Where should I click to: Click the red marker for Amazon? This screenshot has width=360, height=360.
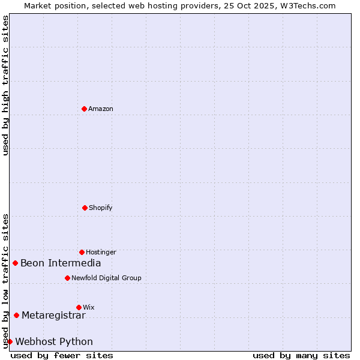coord(84,109)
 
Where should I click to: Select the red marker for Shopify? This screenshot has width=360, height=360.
coord(85,208)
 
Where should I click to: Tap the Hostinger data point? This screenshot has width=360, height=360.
coord(82,252)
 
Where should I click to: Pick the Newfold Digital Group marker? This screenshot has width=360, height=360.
coord(67,278)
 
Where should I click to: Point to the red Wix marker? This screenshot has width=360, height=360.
coord(79,307)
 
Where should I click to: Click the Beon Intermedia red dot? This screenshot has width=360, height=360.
coord(15,263)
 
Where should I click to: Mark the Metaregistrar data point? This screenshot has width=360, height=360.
coord(16,315)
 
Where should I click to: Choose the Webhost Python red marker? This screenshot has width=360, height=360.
coord(10,341)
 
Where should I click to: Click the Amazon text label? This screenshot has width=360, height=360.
coord(101,109)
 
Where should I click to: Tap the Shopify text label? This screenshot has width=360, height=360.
coord(101,208)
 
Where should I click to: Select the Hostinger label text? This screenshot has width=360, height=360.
coord(101,252)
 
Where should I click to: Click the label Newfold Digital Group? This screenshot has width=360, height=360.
coord(106,278)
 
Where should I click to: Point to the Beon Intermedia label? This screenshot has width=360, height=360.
coord(61,263)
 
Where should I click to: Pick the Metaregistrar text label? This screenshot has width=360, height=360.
coord(53,315)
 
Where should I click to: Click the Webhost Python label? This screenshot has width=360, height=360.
coord(54,341)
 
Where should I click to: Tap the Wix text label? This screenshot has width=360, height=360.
coord(89,307)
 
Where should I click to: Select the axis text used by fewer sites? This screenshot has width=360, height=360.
coord(62,355)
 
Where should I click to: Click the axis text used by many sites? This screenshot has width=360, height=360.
coord(301,355)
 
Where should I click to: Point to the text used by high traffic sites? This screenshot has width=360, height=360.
coord(5,85)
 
